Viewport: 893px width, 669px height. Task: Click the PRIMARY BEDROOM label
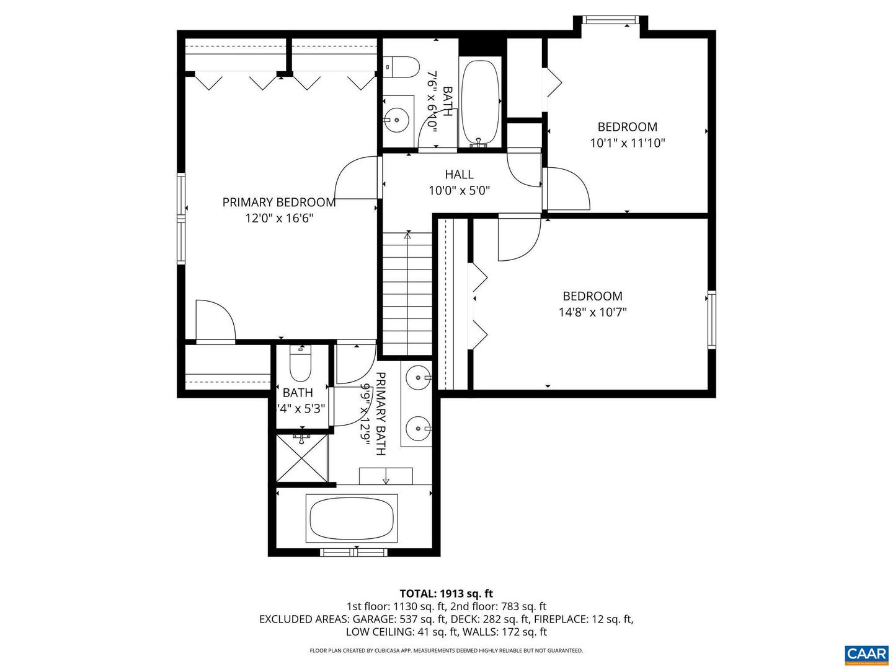[x=279, y=202]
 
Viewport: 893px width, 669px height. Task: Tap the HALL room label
[x=459, y=175]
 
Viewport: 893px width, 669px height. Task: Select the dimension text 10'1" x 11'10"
[x=627, y=143]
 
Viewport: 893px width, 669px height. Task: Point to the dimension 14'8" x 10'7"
[x=592, y=312]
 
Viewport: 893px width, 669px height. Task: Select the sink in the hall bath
[x=396, y=116]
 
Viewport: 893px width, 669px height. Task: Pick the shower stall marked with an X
[x=301, y=458]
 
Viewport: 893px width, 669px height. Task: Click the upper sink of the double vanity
[x=419, y=377]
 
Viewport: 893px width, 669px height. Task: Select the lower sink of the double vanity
[x=419, y=427]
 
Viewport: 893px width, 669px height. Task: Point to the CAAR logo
[x=866, y=654]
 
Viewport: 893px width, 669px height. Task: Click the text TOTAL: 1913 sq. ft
[x=446, y=593]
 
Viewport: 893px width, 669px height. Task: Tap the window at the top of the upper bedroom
[x=611, y=20]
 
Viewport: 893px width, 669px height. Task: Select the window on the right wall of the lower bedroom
[x=711, y=320]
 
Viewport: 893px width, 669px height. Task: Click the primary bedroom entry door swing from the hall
[x=356, y=178]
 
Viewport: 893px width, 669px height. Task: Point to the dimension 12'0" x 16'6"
[x=279, y=218]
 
